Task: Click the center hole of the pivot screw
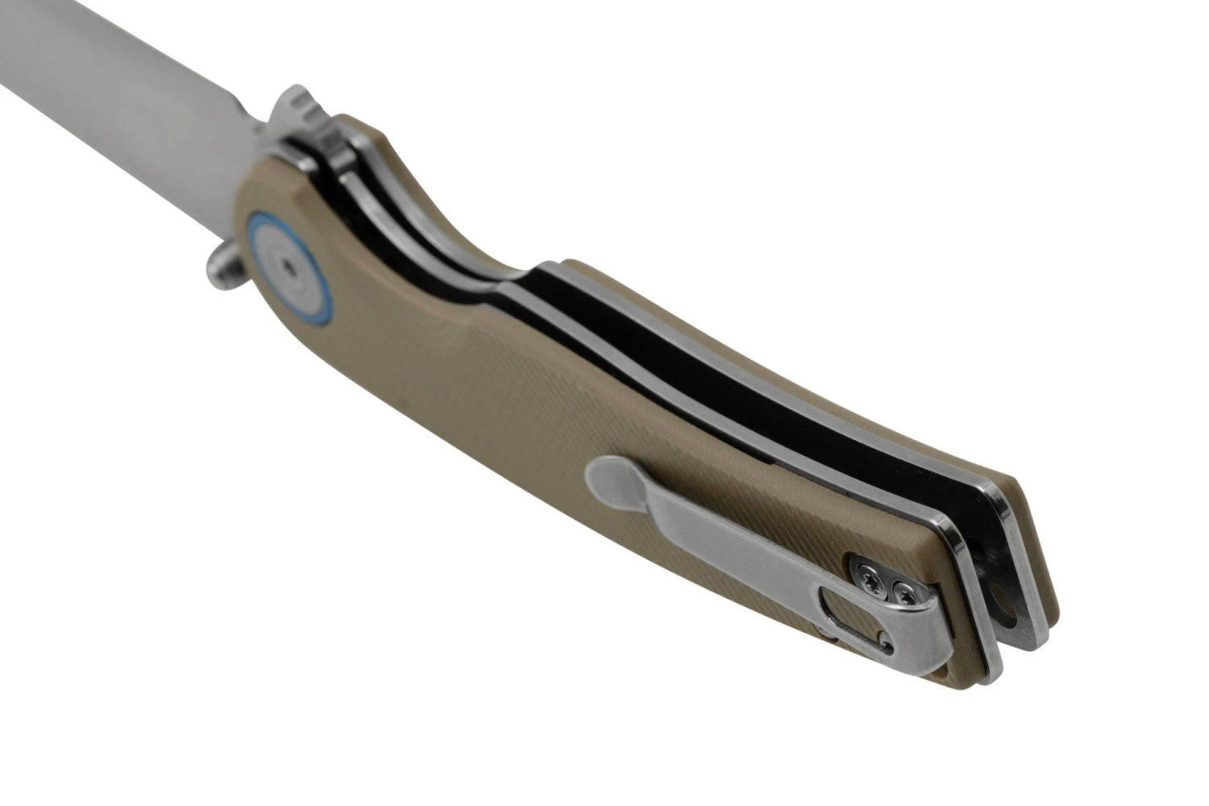[288, 261]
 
